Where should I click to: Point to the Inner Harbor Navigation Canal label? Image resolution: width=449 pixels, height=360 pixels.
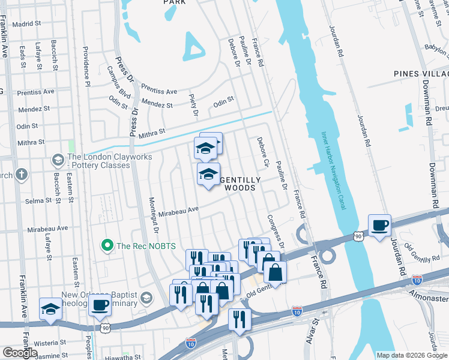tap(333, 170)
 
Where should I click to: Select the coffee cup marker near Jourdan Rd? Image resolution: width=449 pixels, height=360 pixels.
tap(379, 226)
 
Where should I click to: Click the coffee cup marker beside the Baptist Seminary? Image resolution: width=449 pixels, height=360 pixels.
tap(100, 304)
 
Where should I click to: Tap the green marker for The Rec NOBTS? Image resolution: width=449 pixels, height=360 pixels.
tap(107, 245)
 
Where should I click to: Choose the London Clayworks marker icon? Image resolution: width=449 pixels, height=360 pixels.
tap(58, 160)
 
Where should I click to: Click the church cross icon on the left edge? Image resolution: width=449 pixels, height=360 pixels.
tap(22, 175)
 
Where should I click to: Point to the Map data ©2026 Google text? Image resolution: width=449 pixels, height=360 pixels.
tap(412, 355)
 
